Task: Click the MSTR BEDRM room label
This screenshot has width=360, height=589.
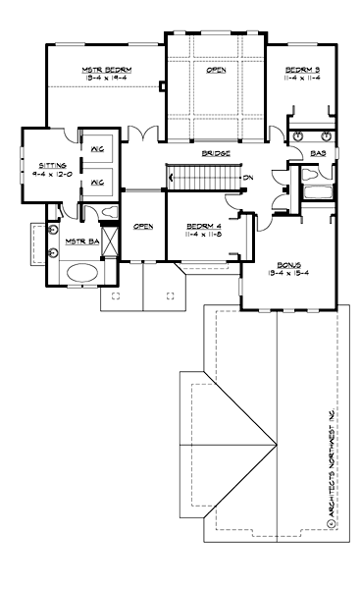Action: [105, 70]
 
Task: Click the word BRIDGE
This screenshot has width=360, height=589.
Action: [216, 154]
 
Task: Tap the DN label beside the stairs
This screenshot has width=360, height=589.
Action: [249, 177]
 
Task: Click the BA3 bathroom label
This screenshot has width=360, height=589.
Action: [318, 154]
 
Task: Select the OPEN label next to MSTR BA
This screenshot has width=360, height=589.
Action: [143, 226]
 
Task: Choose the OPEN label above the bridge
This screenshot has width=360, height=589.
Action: [216, 70]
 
